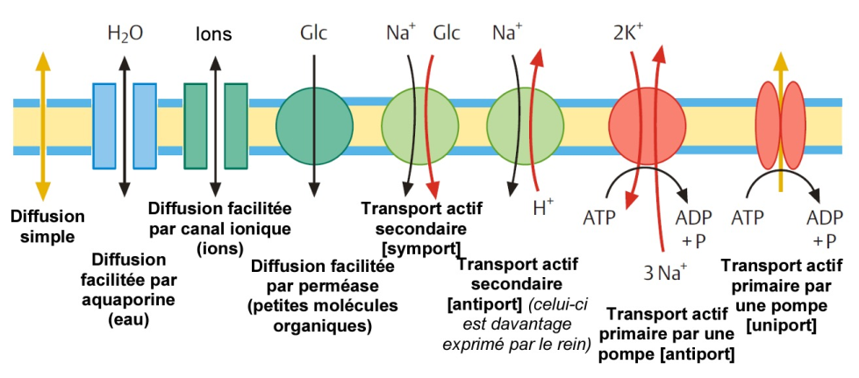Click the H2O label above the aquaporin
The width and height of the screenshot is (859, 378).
(125, 34)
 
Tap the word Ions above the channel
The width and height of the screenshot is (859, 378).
(214, 34)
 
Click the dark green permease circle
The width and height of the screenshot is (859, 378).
(314, 126)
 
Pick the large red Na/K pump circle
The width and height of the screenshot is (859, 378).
(647, 126)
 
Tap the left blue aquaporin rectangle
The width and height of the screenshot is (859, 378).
(104, 125)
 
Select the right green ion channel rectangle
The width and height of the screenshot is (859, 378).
(236, 125)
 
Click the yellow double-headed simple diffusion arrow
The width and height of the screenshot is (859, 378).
(43, 126)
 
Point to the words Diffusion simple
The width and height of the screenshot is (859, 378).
(47, 227)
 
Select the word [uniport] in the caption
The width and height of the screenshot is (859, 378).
(781, 326)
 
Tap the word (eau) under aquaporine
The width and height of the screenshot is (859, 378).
(128, 319)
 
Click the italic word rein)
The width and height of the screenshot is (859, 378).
(573, 344)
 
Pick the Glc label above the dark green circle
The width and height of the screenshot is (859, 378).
(313, 33)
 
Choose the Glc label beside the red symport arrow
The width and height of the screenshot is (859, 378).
(447, 33)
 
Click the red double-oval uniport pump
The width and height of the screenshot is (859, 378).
(781, 126)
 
